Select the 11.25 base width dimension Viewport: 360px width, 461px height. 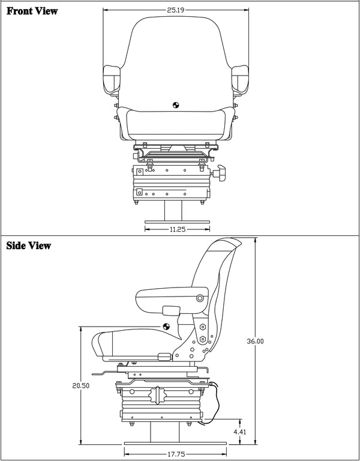click(177, 229)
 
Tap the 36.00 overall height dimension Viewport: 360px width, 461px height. click(255, 341)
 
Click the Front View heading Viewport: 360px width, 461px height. click(32, 11)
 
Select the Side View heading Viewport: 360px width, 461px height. click(29, 246)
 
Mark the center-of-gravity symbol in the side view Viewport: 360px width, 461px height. click(166, 326)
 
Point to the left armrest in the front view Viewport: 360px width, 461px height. click(113, 77)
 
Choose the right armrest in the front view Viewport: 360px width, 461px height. click(241, 77)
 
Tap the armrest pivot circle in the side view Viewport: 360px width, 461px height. click(200, 298)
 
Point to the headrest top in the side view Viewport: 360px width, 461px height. click(226, 243)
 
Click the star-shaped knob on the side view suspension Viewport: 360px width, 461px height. click(161, 396)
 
